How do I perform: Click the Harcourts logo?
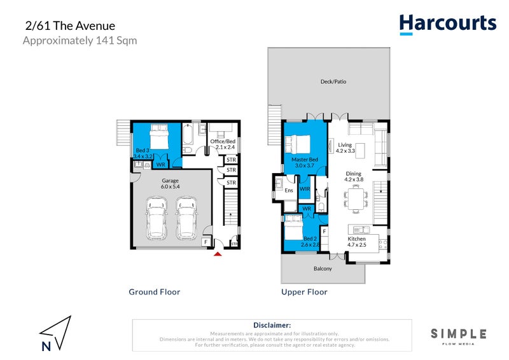pos(447,24)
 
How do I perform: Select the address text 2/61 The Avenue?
pos(70,27)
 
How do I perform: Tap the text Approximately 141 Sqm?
pos(80,41)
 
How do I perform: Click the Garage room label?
pos(170,184)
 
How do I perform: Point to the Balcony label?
pos(323,268)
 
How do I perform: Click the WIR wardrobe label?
pos(305,190)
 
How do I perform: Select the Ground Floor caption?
pos(154,292)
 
